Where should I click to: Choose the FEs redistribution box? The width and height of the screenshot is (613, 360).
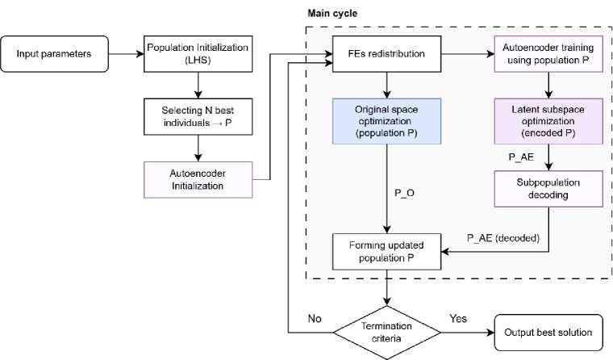[389, 55]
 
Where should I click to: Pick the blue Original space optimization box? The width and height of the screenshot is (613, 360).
[389, 121]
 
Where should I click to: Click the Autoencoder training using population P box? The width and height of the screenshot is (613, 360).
[549, 55]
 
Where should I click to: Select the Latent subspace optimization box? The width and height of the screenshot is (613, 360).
[549, 121]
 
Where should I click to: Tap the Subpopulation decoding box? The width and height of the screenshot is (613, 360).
[549, 187]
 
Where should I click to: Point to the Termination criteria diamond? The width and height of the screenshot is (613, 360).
[389, 331]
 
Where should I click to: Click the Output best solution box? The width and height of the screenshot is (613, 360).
[548, 331]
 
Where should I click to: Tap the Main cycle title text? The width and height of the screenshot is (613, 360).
[332, 13]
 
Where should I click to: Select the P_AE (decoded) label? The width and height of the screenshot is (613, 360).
[499, 239]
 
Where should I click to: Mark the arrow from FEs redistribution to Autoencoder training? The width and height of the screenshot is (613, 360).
[469, 55]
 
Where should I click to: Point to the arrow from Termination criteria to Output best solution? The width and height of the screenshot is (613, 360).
[466, 331]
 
